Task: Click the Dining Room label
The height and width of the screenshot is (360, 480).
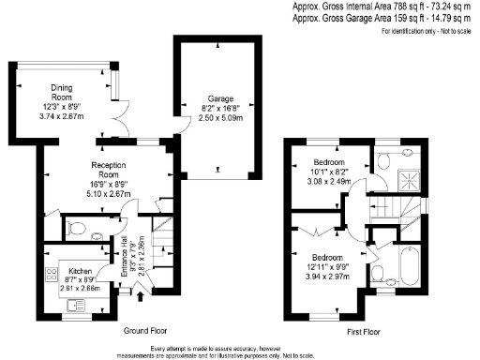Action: [x=61, y=92]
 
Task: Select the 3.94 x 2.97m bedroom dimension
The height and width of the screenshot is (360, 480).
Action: [x=328, y=277]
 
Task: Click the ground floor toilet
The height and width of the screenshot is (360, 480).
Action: [x=79, y=225]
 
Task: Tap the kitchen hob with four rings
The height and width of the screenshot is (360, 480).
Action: [x=50, y=275]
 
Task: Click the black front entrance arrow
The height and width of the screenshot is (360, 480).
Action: [x=141, y=298]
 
